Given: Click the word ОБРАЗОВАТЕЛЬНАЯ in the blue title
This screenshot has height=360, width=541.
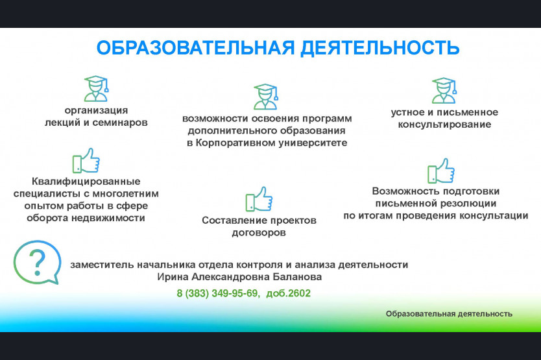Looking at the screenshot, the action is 196,48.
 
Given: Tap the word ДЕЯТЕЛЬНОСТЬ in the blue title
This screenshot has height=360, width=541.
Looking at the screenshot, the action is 380,48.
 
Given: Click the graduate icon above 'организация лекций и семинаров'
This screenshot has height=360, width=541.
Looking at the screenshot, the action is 97,88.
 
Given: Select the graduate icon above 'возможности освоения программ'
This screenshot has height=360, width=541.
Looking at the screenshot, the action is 265,96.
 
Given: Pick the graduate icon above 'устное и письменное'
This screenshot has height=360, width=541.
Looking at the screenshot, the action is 444,90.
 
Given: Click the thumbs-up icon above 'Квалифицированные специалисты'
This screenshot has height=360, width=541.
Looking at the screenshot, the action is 86,160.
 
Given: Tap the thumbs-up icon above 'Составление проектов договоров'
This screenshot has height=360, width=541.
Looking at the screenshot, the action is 259,199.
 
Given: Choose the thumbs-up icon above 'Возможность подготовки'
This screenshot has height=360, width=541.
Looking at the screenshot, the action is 441,171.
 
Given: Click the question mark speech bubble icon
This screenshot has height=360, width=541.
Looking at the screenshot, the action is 37,262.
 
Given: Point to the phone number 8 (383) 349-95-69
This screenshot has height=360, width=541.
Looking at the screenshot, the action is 217,293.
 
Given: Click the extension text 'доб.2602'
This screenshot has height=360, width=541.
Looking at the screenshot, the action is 289,293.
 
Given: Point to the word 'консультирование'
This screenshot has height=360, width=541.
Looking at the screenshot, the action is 444,125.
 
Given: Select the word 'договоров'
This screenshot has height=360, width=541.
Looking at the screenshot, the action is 259,233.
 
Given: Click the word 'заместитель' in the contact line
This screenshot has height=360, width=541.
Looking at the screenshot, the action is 102,265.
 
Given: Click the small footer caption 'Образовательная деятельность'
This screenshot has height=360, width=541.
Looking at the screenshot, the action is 449,314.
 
